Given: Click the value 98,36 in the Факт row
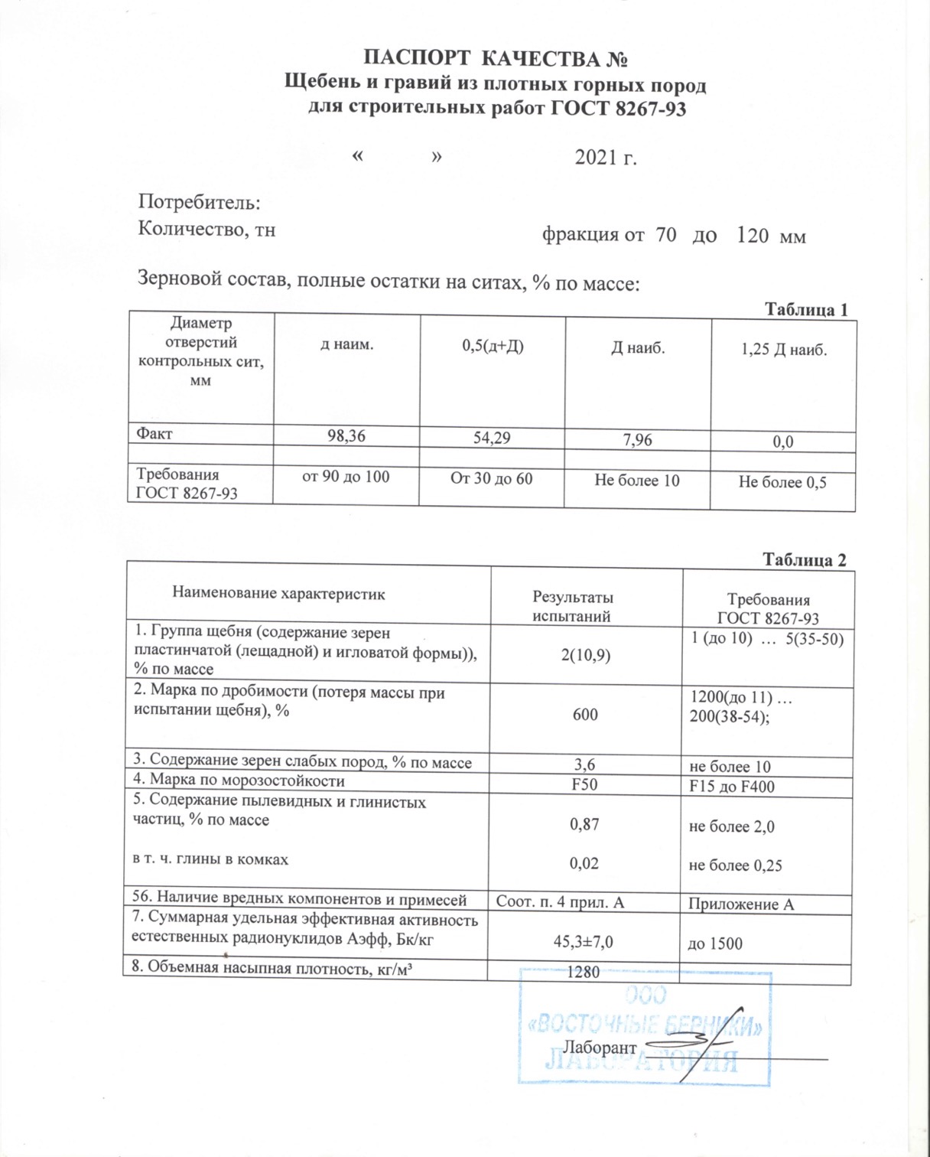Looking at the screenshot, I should [x=346, y=436].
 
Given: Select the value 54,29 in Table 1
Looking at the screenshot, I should [x=491, y=438].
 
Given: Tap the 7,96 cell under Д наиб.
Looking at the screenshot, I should [x=637, y=440].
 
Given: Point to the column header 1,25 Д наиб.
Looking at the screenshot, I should [x=784, y=350].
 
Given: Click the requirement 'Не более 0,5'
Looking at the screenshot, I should [x=782, y=482].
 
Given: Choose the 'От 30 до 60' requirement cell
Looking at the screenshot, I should [x=491, y=479].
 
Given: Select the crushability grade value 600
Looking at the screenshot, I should [x=585, y=715].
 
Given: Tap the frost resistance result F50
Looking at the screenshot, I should [x=584, y=784].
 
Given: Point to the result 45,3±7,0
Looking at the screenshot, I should [x=583, y=943].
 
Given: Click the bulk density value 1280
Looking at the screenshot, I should [x=583, y=973].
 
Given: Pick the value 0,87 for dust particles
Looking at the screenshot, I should [x=584, y=824].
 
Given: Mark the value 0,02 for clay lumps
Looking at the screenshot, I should [x=584, y=863].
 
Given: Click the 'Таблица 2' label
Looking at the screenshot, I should [x=805, y=560].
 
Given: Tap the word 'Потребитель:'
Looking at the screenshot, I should [x=200, y=202].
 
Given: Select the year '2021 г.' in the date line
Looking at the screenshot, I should [x=606, y=158].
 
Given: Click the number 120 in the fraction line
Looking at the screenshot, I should [x=753, y=236].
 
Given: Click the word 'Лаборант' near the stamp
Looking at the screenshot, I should [x=600, y=1048].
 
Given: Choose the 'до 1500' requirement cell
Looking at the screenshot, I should [x=715, y=944].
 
